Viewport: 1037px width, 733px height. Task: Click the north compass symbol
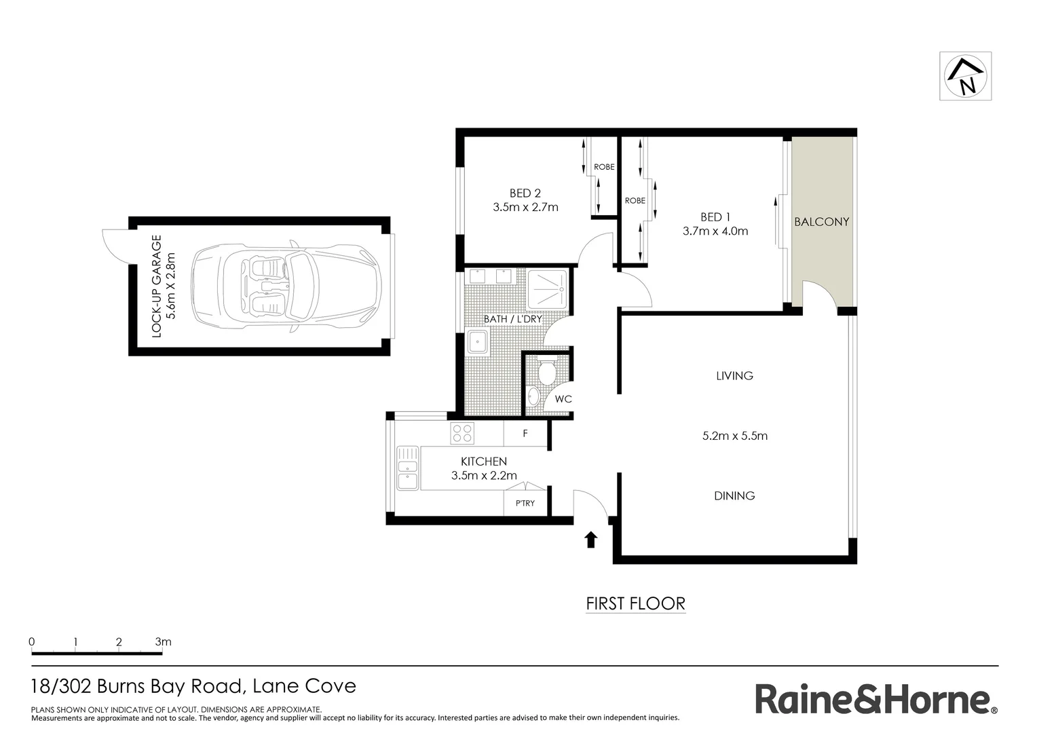965,76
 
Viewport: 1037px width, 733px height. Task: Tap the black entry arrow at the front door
590,539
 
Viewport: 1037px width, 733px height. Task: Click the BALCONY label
821,221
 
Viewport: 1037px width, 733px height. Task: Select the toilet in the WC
546,371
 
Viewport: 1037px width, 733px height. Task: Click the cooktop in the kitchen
462,433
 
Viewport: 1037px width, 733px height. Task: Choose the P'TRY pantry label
525,503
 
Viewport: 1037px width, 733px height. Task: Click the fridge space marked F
525,433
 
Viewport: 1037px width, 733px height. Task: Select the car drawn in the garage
286,286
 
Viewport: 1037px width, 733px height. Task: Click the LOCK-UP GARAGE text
156,286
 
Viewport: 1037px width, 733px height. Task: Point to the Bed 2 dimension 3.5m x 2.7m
525,207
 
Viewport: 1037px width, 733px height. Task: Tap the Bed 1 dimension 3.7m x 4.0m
715,231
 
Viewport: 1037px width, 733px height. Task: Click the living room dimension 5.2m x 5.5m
734,436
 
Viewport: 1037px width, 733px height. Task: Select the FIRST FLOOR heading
635,603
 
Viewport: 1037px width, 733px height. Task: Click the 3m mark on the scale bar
163,642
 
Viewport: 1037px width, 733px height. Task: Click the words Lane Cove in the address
304,686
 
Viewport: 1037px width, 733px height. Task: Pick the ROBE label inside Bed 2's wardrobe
603,167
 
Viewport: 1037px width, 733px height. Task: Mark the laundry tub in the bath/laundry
478,341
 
